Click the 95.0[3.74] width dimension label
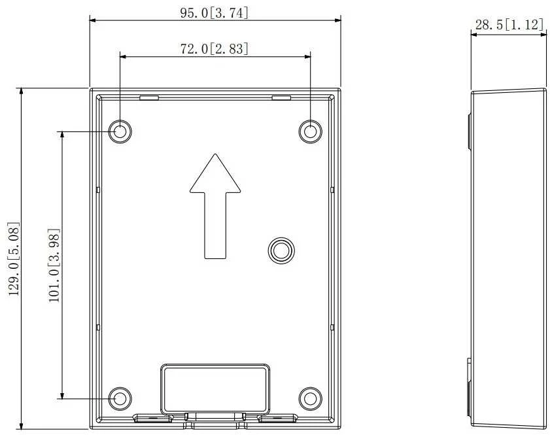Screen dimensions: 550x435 pyautogui.click(x=215, y=13)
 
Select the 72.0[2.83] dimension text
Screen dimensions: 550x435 pyautogui.click(x=215, y=49)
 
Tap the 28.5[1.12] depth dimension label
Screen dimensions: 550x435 pyautogui.click(x=509, y=25)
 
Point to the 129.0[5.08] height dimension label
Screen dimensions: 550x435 pyautogui.click(x=14, y=259)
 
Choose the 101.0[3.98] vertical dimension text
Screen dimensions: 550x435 pyautogui.click(x=54, y=265)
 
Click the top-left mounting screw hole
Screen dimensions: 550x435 pyautogui.click(x=120, y=131)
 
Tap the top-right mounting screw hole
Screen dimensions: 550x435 pyautogui.click(x=310, y=131)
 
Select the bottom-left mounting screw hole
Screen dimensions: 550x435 pyautogui.click(x=120, y=398)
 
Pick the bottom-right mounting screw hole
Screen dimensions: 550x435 pyautogui.click(x=310, y=398)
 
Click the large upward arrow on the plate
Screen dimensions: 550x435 pyautogui.click(x=215, y=206)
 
